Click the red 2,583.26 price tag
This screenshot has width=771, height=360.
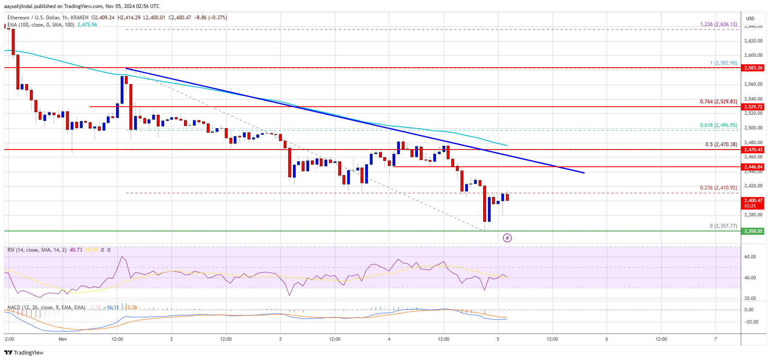click(753, 68)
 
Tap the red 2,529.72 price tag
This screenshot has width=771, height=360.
click(753, 107)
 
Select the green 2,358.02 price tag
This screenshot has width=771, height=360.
click(753, 231)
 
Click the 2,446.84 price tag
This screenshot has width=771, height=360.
click(753, 167)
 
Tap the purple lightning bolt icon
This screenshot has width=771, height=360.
click(507, 238)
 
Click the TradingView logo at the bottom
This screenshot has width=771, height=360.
click(24, 352)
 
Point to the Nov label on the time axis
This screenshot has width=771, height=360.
click(63, 339)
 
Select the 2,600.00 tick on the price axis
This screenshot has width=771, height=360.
click(753, 55)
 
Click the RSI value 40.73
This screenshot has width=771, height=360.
click(76, 250)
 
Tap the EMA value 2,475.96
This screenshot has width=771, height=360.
click(87, 25)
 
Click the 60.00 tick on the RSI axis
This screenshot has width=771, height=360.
click(750, 257)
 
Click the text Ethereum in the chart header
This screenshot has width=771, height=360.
click(18, 18)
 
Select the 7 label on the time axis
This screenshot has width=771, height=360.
click(716, 339)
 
